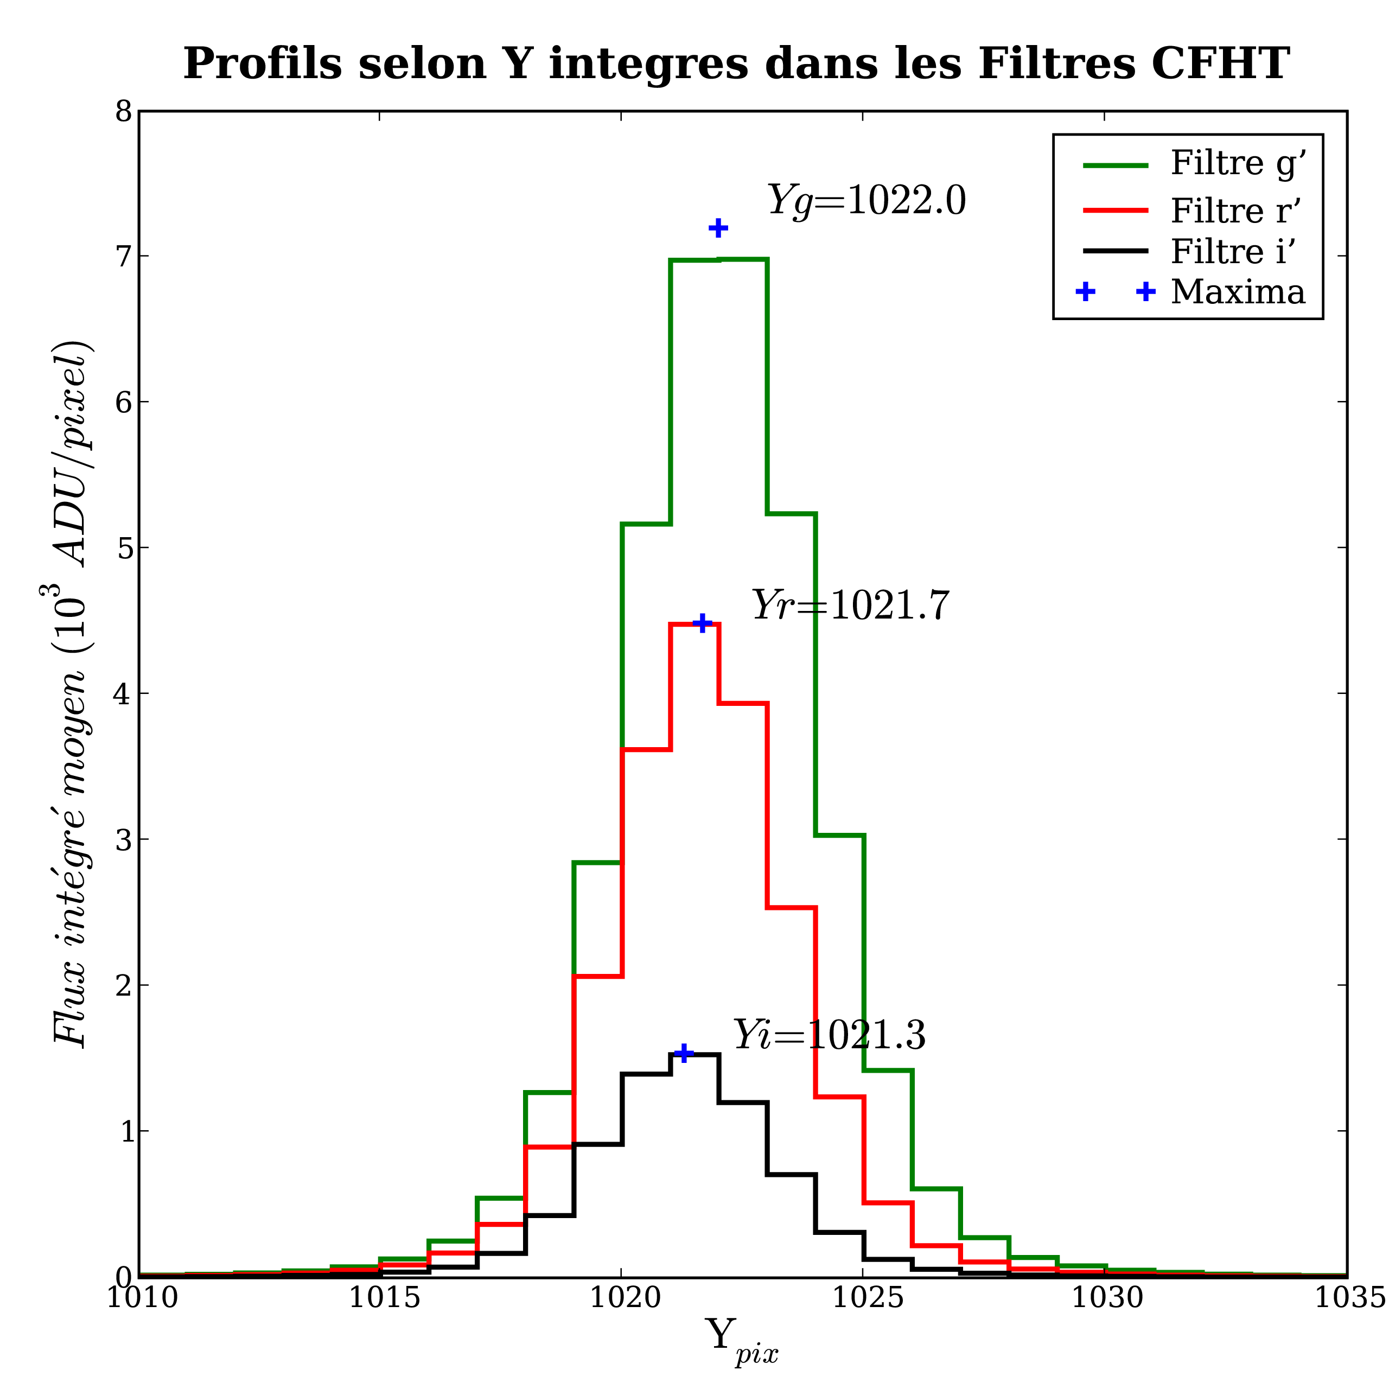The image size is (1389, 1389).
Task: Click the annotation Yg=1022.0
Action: [866, 201]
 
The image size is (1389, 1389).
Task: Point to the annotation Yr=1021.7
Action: [851, 606]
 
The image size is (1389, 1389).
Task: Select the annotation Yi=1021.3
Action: [829, 1036]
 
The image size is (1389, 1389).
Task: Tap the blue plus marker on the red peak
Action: [703, 622]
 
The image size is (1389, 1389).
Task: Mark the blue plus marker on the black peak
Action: [684, 1053]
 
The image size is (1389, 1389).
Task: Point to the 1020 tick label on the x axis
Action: [621, 1298]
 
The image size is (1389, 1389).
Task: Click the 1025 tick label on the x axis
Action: [863, 1298]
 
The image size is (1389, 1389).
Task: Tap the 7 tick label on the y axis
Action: [124, 257]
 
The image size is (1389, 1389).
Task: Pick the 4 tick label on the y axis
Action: [124, 694]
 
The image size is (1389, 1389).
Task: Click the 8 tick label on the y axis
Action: [124, 112]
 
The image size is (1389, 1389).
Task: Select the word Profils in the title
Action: [263, 63]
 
